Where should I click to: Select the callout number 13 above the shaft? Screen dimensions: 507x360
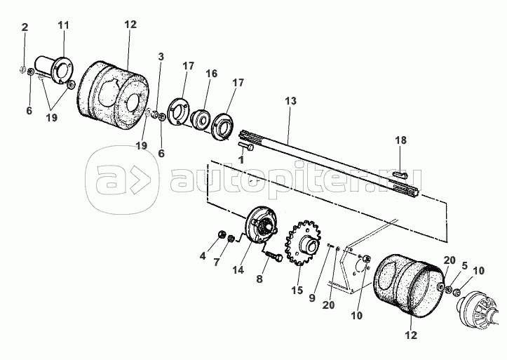coord(290,101)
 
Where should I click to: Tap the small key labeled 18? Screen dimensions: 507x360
coord(400,175)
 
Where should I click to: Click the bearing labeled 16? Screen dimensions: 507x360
coord(201,120)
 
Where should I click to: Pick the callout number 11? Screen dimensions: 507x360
coord(64,25)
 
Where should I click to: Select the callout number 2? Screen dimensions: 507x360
coord(25,27)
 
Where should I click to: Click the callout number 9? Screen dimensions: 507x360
coord(311,298)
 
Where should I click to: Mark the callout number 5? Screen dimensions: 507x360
coord(464,266)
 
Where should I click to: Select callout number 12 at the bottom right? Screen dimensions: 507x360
coord(412,335)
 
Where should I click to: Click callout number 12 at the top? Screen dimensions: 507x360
coord(130,25)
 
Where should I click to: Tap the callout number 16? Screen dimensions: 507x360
coord(212,74)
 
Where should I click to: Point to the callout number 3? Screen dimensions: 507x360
coord(161,57)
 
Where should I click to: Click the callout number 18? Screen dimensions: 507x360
coord(400,140)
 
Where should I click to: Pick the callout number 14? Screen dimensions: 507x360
coord(238,269)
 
